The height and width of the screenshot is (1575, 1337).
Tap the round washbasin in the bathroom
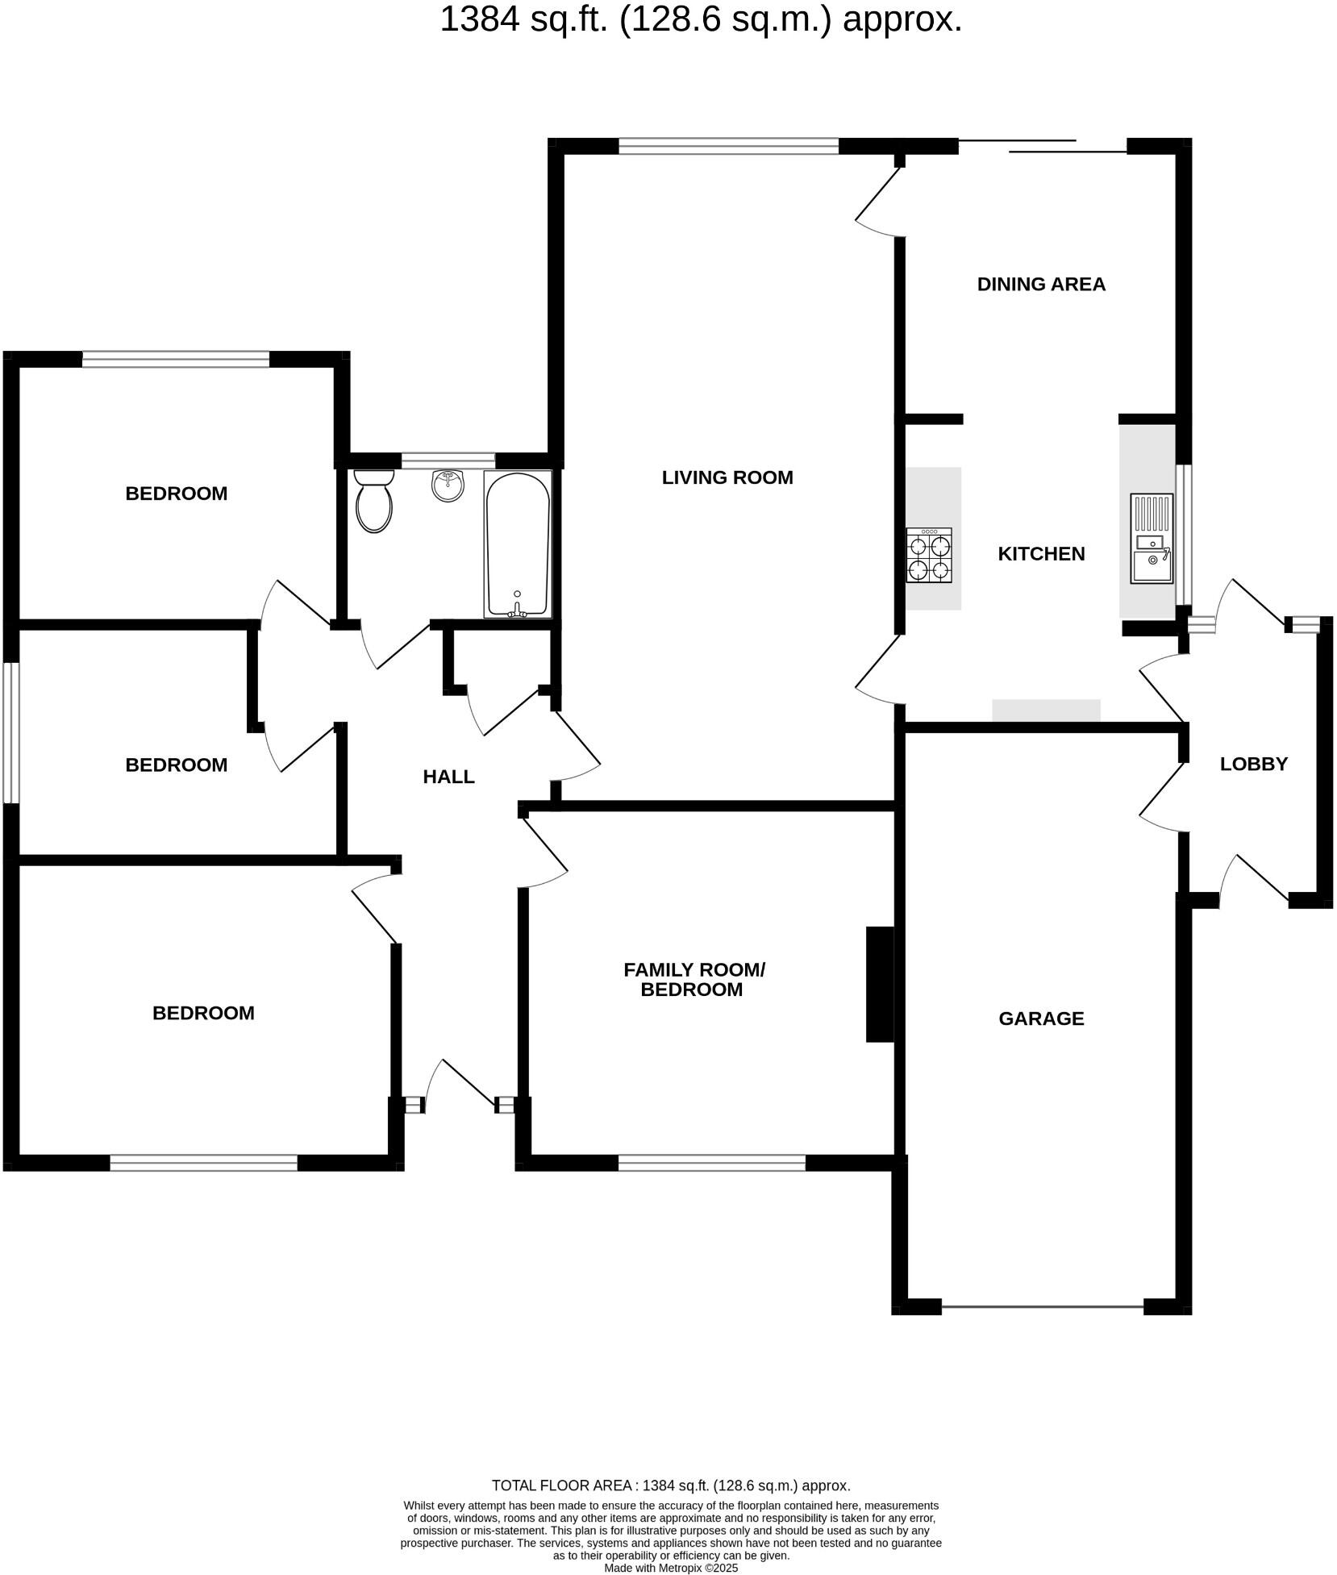[x=448, y=485]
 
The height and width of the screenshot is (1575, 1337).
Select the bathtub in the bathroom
[x=517, y=544]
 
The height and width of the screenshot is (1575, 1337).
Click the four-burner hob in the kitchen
[x=929, y=555]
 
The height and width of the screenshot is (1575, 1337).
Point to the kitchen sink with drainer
[x=1151, y=538]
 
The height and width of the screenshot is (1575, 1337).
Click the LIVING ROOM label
[x=727, y=477]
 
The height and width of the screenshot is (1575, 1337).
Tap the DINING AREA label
[x=1040, y=284]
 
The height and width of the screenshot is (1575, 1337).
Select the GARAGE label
[x=1040, y=1019]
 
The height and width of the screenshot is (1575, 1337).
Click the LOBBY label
[x=1253, y=764]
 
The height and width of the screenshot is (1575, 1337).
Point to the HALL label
[x=448, y=777]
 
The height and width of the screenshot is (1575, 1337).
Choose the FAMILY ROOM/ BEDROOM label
[x=693, y=979]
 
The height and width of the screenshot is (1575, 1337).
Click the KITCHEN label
[x=1041, y=554]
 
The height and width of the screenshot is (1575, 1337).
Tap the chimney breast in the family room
[x=879, y=984]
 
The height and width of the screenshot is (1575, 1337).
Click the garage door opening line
[x=1042, y=1306]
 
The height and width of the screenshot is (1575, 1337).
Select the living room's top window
[x=728, y=146]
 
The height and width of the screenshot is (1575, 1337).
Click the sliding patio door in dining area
[x=1042, y=146]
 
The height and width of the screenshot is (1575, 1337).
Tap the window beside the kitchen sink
[x=1183, y=534]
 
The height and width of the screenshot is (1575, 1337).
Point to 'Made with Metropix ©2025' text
[x=671, y=1568]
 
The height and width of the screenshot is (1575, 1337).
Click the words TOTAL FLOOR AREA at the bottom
[x=561, y=1485]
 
